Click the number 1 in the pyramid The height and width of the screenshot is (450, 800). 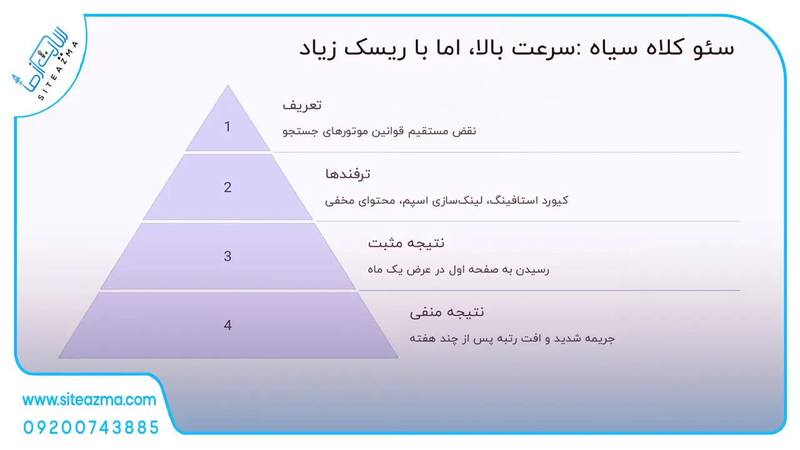pyautogui.click(x=227, y=126)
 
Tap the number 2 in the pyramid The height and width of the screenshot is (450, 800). pyautogui.click(x=227, y=187)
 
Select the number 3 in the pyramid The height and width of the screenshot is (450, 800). pyautogui.click(x=227, y=256)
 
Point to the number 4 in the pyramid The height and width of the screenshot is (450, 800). pyautogui.click(x=227, y=325)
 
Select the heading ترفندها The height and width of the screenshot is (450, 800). pyautogui.click(x=347, y=174)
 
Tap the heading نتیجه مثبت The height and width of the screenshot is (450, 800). pyautogui.click(x=406, y=243)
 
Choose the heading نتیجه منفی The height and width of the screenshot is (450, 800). pyautogui.click(x=447, y=312)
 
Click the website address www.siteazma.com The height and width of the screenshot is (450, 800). pyautogui.click(x=89, y=399)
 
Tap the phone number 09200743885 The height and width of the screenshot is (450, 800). pyautogui.click(x=91, y=427)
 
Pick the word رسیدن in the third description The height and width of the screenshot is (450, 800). pyautogui.click(x=533, y=269)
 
